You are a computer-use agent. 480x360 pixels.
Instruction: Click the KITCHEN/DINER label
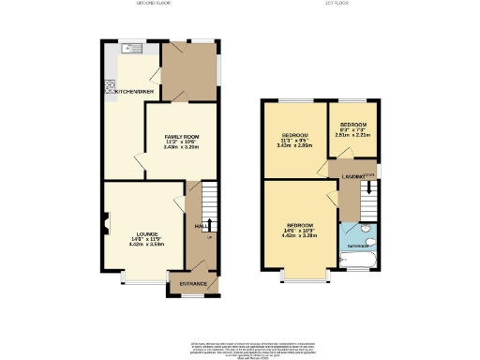click(x=135, y=92)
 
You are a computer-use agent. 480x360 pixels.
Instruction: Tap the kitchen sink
click(x=129, y=48)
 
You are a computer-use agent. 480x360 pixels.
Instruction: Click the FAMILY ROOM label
click(x=181, y=136)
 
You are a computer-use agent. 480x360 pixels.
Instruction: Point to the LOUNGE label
click(x=145, y=234)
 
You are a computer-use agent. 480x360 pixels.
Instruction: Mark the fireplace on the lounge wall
click(x=106, y=222)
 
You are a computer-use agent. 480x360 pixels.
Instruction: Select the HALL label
click(x=200, y=226)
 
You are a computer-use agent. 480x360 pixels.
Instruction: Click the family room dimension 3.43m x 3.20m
click(x=181, y=147)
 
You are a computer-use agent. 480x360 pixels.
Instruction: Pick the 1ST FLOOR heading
click(x=337, y=5)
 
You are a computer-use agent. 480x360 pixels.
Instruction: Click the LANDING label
click(x=352, y=175)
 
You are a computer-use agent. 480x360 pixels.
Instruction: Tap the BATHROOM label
click(x=356, y=246)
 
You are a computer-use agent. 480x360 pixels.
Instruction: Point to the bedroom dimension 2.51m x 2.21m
click(x=352, y=135)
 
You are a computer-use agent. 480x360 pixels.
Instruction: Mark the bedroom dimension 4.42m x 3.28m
click(x=299, y=236)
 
